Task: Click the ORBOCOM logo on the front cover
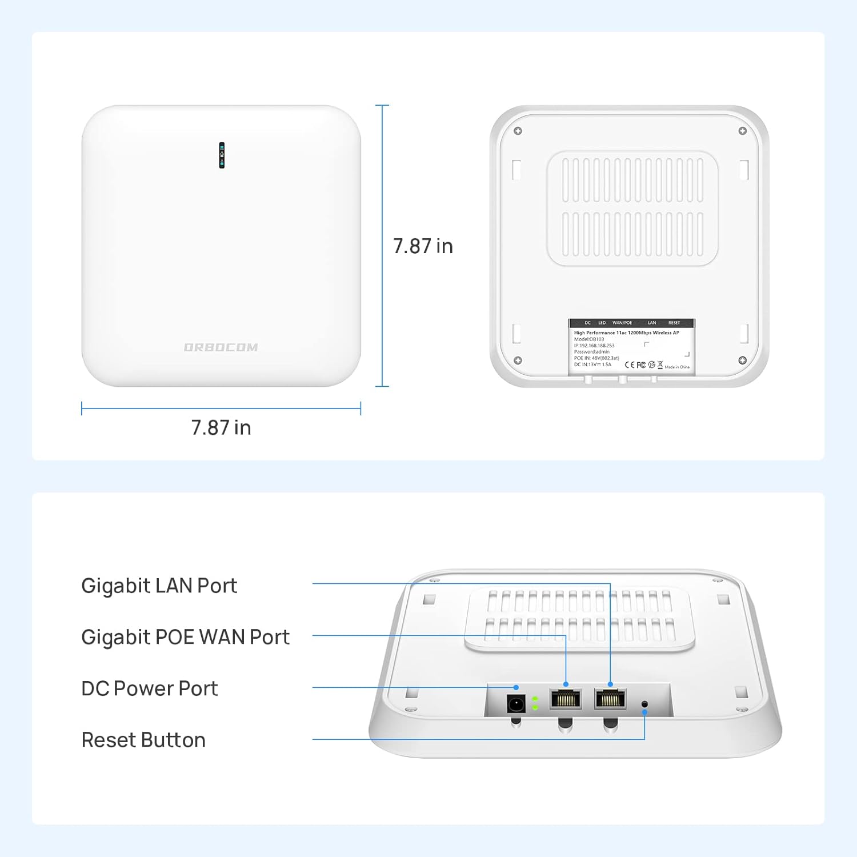click(221, 347)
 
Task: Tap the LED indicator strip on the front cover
click(222, 155)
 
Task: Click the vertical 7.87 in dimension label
click(423, 246)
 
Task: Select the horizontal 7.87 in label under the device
click(221, 427)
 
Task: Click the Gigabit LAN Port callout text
click(159, 586)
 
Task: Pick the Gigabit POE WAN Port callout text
click(185, 637)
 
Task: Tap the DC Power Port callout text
click(149, 688)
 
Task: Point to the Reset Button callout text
click(143, 740)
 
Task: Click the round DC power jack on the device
click(516, 703)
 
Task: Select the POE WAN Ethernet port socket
click(565, 699)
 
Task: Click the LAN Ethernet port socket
click(610, 699)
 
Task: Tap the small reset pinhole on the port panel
click(645, 704)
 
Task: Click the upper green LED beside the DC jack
click(535, 699)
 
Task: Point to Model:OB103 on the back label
click(588, 339)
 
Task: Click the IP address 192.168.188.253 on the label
click(594, 346)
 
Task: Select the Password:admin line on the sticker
click(591, 352)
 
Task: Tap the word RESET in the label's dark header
click(674, 323)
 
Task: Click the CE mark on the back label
click(630, 365)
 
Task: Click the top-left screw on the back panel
click(518, 131)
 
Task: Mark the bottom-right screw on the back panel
click(742, 360)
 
